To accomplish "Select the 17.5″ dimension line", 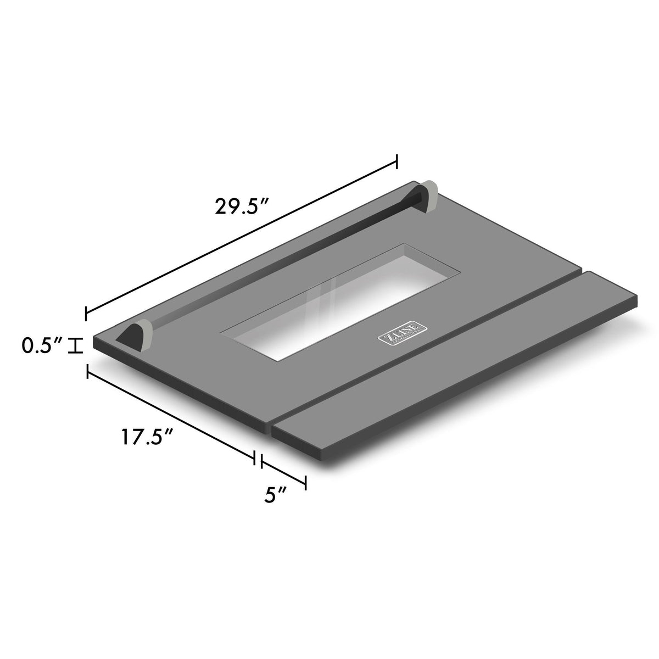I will click(x=170, y=415).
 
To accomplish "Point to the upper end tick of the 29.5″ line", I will click(x=396, y=162).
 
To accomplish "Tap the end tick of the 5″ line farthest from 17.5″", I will click(x=305, y=482).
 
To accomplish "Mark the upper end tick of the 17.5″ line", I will click(x=87, y=372).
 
